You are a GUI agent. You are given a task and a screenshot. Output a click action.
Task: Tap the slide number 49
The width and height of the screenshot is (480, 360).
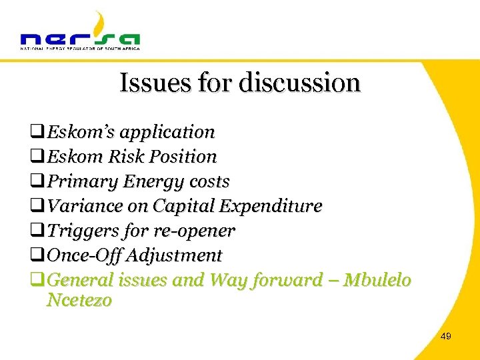446,337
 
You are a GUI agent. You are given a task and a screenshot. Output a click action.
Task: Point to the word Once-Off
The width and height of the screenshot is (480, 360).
84,256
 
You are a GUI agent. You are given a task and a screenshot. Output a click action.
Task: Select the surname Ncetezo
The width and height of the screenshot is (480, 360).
79,301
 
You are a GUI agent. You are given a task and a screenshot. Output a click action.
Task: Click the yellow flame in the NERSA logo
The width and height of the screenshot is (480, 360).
99,23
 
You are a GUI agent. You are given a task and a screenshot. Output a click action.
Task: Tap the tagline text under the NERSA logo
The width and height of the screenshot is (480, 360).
80,48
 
